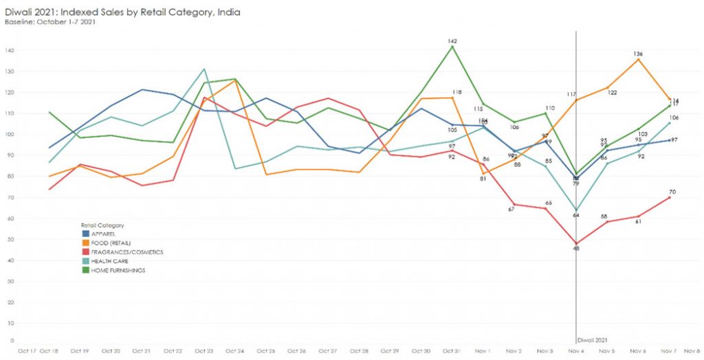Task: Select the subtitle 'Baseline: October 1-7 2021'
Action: click(50, 22)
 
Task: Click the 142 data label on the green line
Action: click(452, 41)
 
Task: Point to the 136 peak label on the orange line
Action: click(638, 54)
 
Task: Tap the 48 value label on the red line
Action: click(576, 248)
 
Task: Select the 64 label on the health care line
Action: click(576, 215)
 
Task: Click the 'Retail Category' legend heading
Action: click(102, 225)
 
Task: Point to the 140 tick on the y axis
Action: click(10, 50)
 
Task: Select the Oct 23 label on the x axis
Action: click(203, 351)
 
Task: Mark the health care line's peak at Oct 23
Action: click(204, 69)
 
